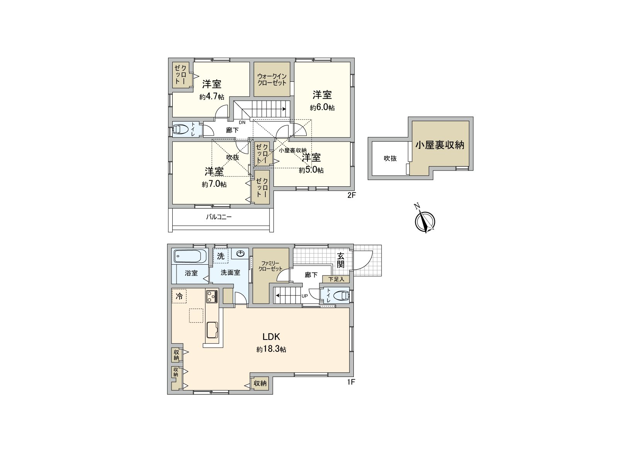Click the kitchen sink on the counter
(213, 330)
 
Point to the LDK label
(271, 336)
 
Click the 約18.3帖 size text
(271, 350)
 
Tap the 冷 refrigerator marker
(179, 296)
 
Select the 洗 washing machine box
(221, 256)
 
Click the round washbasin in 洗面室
(241, 253)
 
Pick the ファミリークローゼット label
(270, 266)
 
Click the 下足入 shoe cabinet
(336, 279)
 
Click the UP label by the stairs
(304, 296)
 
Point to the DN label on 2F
(242, 123)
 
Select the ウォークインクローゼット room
(272, 79)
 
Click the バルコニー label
(219, 217)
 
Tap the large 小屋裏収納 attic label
(440, 145)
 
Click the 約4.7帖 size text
(212, 97)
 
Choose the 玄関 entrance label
(340, 260)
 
